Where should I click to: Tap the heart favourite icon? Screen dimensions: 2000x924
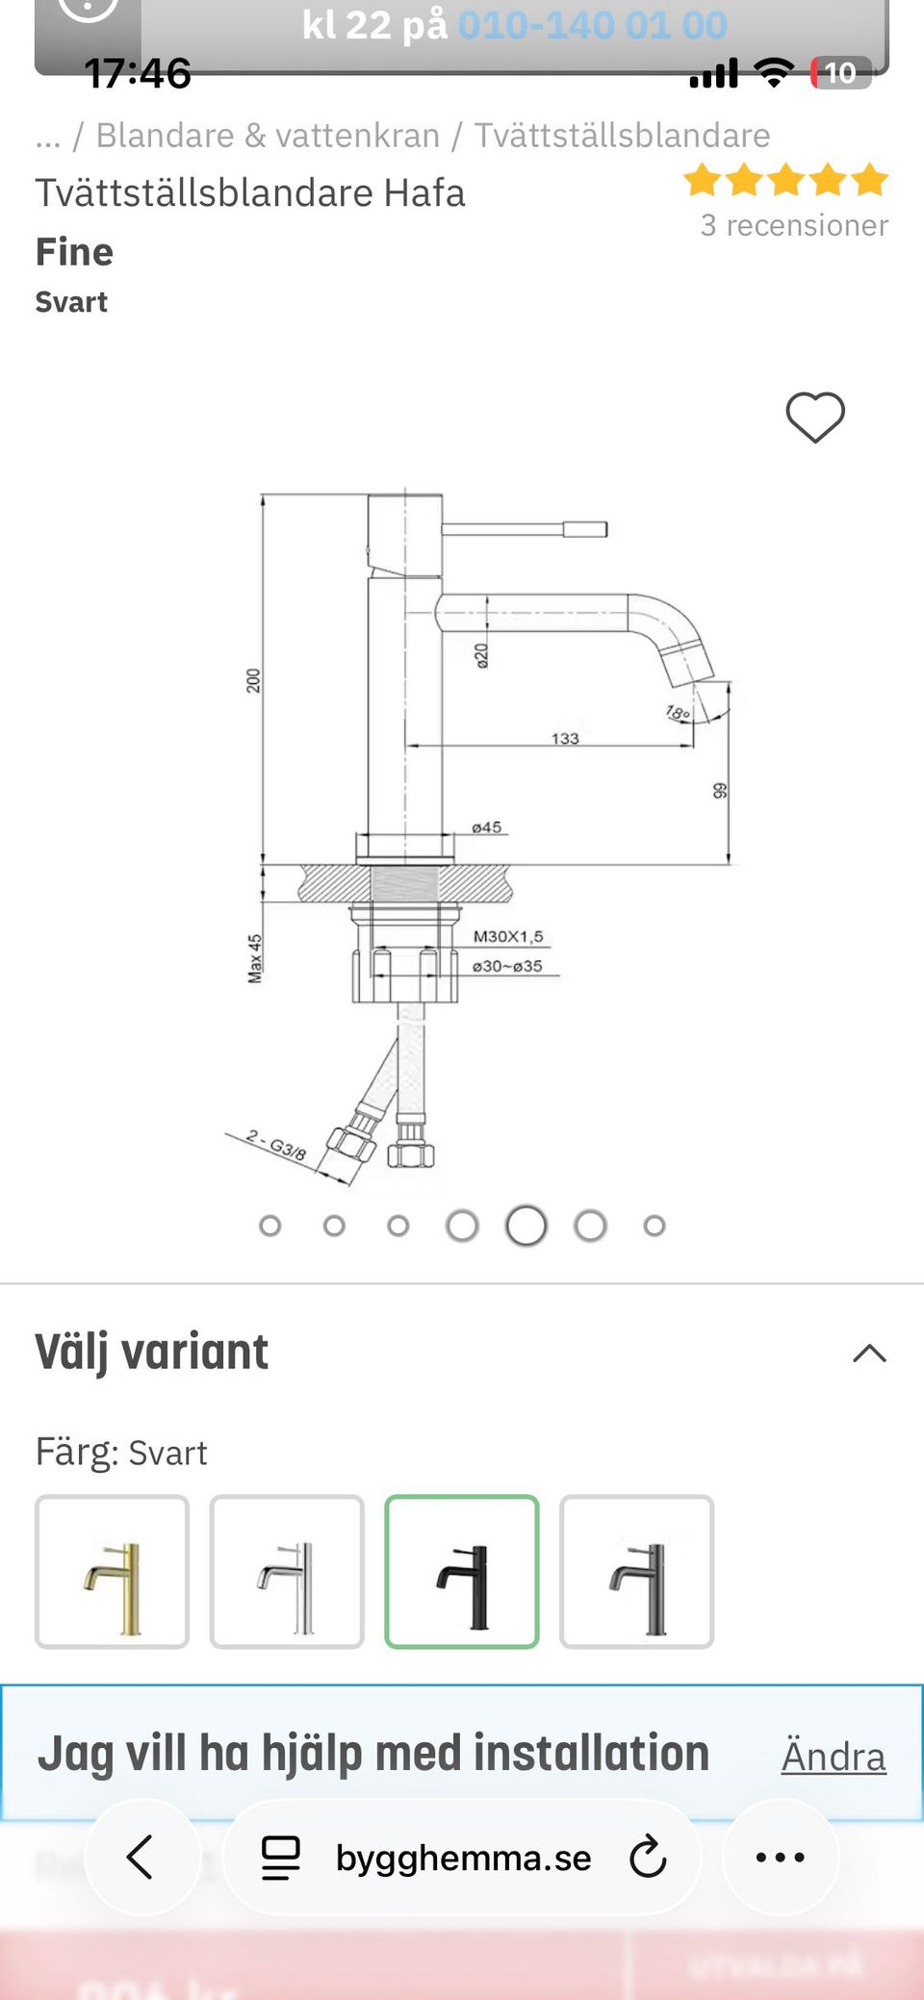[x=814, y=417]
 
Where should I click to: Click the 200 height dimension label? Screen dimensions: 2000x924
[x=253, y=680]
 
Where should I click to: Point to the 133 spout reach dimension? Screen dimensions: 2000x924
[x=565, y=738]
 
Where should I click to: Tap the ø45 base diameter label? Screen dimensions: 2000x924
[x=486, y=826]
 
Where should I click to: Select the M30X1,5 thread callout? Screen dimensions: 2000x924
[x=508, y=936]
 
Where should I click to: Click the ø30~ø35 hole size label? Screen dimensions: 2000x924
[x=507, y=966]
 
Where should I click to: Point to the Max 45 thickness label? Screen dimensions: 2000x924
[x=254, y=958]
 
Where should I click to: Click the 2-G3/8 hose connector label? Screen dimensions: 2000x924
[x=276, y=1144]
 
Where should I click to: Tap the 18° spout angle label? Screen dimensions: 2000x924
[x=678, y=713]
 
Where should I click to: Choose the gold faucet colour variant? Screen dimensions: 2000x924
[x=112, y=1571]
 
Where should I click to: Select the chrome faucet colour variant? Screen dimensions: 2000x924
[x=287, y=1571]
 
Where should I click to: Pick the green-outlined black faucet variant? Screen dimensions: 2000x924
[x=462, y=1571]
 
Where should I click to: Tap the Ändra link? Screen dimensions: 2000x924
[x=833, y=1757]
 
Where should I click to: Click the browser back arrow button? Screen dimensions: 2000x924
[x=141, y=1857]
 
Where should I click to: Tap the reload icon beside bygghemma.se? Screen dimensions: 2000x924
[x=648, y=1857]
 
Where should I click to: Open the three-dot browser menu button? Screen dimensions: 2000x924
[x=780, y=1857]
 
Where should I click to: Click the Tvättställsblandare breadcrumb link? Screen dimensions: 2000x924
[x=622, y=136]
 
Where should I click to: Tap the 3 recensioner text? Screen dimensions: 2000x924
[x=794, y=225]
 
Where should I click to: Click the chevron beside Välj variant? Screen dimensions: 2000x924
[x=869, y=1353]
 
